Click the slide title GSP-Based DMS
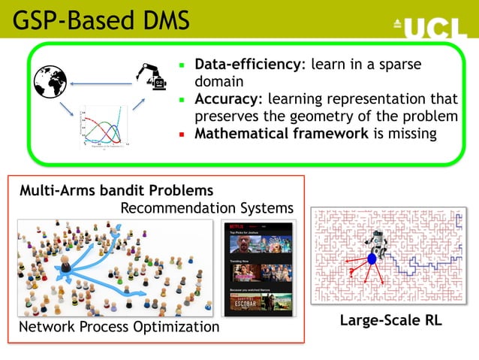click(x=101, y=20)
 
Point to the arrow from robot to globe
click(x=101, y=83)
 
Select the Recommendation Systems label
click(x=206, y=207)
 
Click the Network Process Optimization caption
click(x=119, y=327)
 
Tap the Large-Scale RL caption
click(x=390, y=321)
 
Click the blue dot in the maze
click(x=371, y=259)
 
